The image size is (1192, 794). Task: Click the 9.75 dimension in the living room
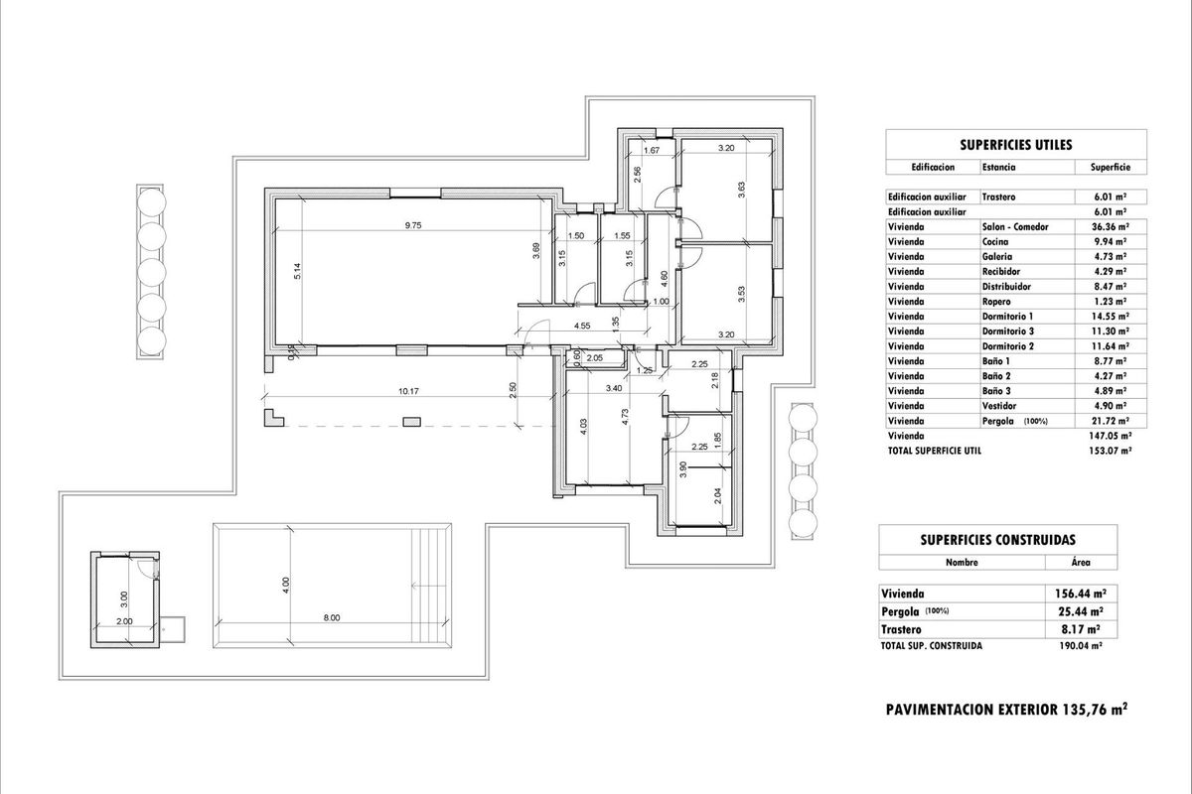click(413, 225)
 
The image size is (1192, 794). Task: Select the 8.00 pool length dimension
click(331, 617)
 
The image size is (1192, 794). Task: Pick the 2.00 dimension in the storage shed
click(124, 621)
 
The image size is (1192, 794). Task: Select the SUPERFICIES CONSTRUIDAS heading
click(998, 540)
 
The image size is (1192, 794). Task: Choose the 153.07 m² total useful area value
click(1113, 451)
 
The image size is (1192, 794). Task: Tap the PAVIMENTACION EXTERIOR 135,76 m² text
click(1005, 710)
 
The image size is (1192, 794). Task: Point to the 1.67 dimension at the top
click(652, 150)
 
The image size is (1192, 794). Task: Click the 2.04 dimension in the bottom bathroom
click(718, 497)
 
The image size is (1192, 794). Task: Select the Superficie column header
click(1110, 168)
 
